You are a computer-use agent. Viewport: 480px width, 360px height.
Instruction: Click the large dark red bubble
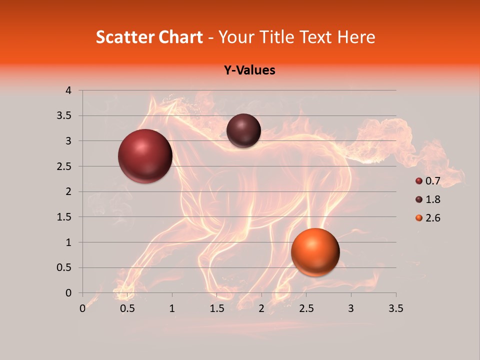[x=145, y=156]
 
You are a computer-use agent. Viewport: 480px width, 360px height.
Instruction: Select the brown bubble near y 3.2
[x=243, y=130]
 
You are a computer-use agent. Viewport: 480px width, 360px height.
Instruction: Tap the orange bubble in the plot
[x=315, y=252]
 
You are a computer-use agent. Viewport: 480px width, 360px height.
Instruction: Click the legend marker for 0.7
[x=419, y=181]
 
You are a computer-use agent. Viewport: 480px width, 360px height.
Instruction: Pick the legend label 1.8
[x=432, y=199]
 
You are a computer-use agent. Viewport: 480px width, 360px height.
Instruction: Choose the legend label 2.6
[x=432, y=218]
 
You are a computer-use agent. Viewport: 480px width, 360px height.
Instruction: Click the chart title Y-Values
[x=249, y=70]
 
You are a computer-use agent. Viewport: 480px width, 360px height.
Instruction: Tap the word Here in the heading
[x=356, y=37]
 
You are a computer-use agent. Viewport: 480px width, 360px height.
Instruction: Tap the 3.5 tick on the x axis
[x=395, y=308]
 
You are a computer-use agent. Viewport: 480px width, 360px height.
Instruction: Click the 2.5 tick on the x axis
[x=306, y=308]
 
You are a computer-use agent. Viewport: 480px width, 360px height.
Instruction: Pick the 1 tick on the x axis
[x=172, y=308]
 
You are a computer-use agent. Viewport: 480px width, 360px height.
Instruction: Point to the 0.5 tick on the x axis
[x=127, y=308]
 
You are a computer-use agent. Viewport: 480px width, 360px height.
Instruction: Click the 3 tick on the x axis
[x=351, y=308]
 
